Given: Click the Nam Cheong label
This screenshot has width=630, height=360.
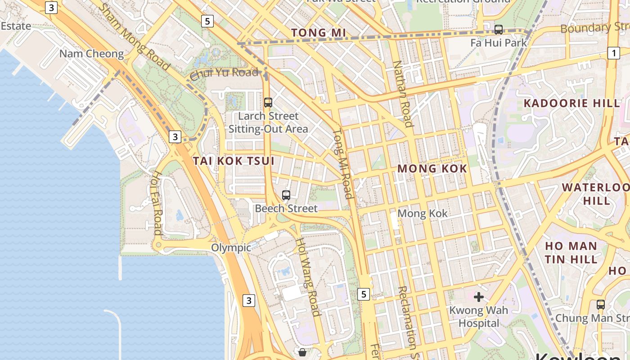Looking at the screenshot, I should coord(91,54).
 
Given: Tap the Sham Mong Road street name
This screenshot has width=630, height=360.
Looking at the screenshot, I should coord(134,37).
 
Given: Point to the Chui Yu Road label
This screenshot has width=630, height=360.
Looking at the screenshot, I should coord(224,73).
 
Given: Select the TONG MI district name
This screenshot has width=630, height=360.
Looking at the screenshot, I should coord(319,33).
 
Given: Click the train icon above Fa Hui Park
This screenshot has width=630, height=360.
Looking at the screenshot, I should coord(498,30).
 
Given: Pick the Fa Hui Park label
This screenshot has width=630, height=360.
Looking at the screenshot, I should coord(498,43).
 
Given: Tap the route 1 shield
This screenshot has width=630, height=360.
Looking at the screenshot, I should coord(613,53).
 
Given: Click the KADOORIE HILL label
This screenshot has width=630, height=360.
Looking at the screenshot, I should coord(571,103).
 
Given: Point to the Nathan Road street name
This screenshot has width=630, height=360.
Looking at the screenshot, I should coord(403,94).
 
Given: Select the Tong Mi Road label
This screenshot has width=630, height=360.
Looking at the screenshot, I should coord(342,164).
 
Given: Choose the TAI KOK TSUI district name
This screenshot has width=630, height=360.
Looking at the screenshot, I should coord(234,161).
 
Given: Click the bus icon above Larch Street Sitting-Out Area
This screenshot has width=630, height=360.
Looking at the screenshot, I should coord(268,103).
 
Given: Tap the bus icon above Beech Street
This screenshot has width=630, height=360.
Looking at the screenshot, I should coord(286,195).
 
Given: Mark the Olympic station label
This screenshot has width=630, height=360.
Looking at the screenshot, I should coord(231,247).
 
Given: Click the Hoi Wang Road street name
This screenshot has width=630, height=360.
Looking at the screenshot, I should coord(308,276).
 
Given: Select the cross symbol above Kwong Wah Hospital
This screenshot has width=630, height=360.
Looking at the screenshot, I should coord(479,297).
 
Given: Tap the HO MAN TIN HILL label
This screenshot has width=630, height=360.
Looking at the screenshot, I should coord(571,252).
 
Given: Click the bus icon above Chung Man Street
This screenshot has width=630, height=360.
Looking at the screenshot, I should coord(600,305).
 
